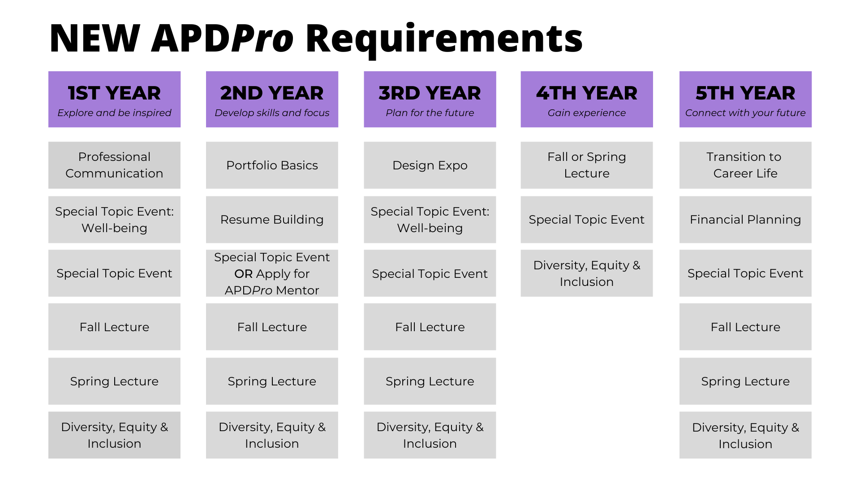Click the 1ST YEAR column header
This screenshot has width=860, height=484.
point(114,99)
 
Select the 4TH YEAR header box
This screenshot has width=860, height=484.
point(587,99)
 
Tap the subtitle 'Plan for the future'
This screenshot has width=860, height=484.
point(430,113)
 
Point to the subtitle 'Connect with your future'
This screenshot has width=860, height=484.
point(745,113)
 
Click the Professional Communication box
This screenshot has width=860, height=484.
point(114,165)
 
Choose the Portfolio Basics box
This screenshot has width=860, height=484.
point(272,165)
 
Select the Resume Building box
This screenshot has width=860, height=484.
point(272,220)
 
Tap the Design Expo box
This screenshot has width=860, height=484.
point(430,165)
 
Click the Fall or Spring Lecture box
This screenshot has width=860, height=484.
point(587,165)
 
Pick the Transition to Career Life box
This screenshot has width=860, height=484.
point(745,165)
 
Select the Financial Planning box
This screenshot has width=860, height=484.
point(745,220)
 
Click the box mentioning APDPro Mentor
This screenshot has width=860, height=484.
point(272,273)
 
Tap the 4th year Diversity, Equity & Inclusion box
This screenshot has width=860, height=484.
point(587,273)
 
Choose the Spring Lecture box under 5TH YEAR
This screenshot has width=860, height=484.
point(745,381)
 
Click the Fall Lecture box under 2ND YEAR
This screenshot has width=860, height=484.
point(272,327)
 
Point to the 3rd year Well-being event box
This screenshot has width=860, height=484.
point(430,220)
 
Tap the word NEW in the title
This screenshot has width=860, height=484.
point(95,39)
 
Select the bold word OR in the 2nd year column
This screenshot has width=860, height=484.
point(244,274)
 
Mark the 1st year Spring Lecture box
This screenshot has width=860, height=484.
point(114,381)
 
